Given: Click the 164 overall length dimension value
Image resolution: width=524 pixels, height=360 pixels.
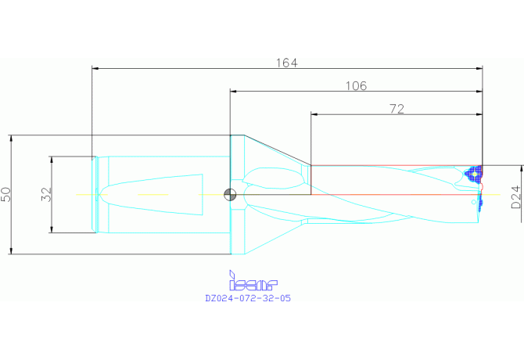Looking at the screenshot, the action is point(287,63).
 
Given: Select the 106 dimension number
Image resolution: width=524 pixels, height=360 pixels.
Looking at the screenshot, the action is point(356,86).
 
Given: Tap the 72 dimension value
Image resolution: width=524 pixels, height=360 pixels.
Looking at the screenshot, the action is point(397,109).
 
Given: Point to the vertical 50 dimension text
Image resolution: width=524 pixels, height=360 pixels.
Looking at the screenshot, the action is point(6,195).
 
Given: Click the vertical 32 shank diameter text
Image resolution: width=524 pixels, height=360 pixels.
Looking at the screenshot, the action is point(47,194).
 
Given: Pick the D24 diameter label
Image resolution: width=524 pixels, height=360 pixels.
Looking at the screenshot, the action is point(516,197).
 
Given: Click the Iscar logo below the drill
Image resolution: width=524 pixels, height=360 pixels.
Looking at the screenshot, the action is point(253,280).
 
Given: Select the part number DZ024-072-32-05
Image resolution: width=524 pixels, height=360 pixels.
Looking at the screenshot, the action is point(248,298).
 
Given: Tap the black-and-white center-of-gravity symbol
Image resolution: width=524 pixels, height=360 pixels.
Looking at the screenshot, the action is point(230,195).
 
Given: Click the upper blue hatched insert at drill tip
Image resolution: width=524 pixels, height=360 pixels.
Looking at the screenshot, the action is point(474,175).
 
